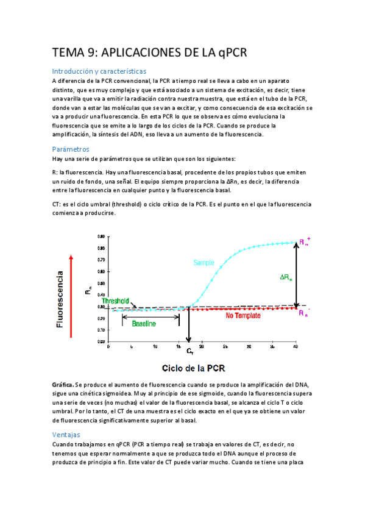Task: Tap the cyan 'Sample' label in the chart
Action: click(x=204, y=263)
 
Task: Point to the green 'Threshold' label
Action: click(x=115, y=301)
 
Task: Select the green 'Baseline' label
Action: click(x=144, y=323)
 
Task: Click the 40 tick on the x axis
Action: click(x=296, y=346)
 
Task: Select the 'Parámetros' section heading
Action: click(x=71, y=149)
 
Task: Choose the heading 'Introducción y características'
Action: click(x=99, y=71)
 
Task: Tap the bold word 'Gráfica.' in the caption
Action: click(x=63, y=385)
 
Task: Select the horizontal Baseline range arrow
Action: click(x=151, y=316)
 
